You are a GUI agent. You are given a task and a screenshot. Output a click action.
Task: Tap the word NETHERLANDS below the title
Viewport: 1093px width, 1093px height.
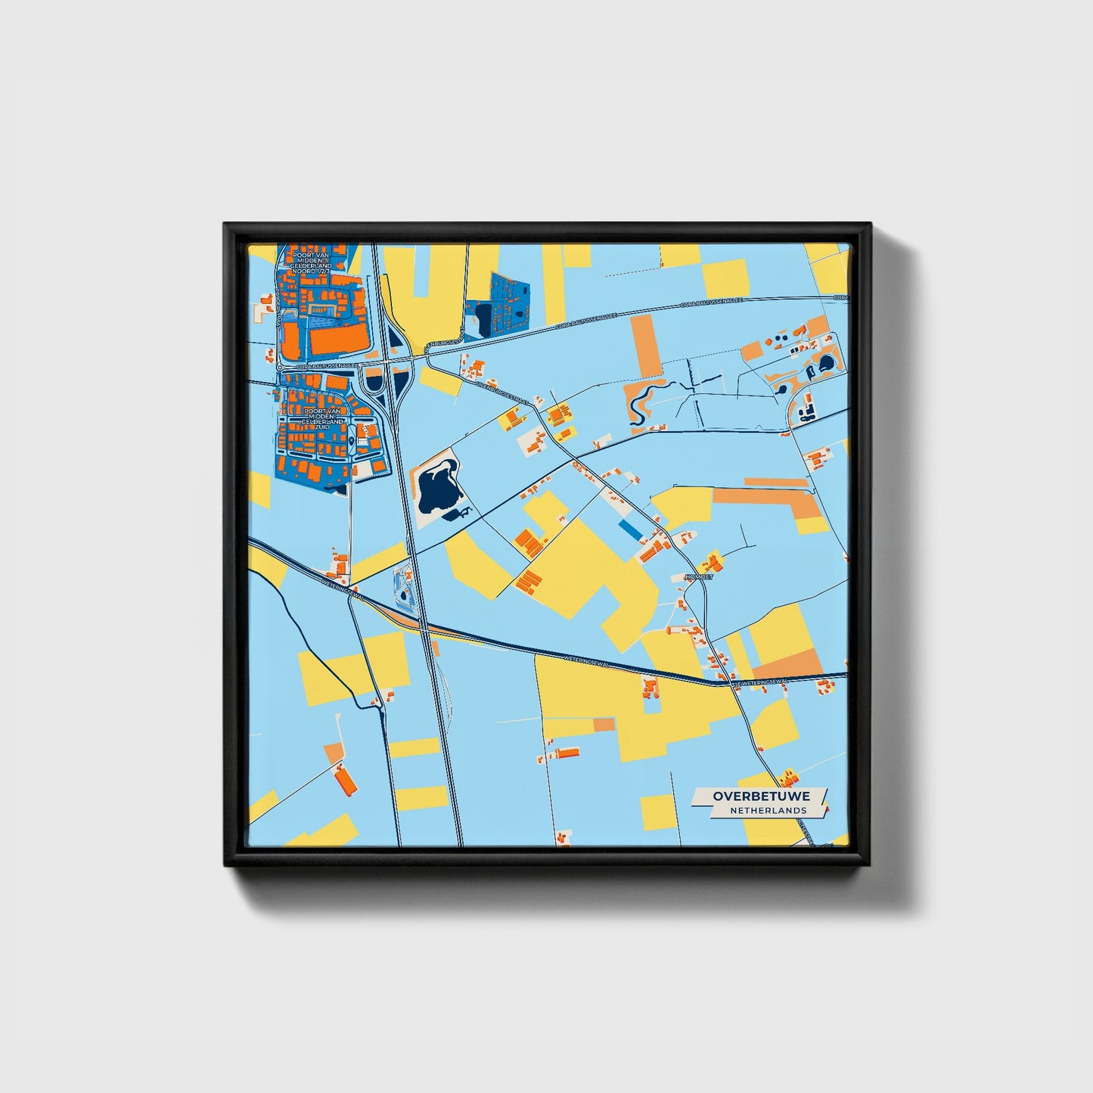(768, 811)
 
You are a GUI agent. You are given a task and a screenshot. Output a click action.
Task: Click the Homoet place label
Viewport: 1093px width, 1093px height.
(697, 577)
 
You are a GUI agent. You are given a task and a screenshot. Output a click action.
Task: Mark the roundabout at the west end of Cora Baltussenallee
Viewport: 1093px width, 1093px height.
(280, 367)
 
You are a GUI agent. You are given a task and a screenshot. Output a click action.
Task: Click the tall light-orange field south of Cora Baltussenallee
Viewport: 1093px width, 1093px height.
(645, 346)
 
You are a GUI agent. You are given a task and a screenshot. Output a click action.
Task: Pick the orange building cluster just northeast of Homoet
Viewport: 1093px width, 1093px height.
(712, 561)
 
